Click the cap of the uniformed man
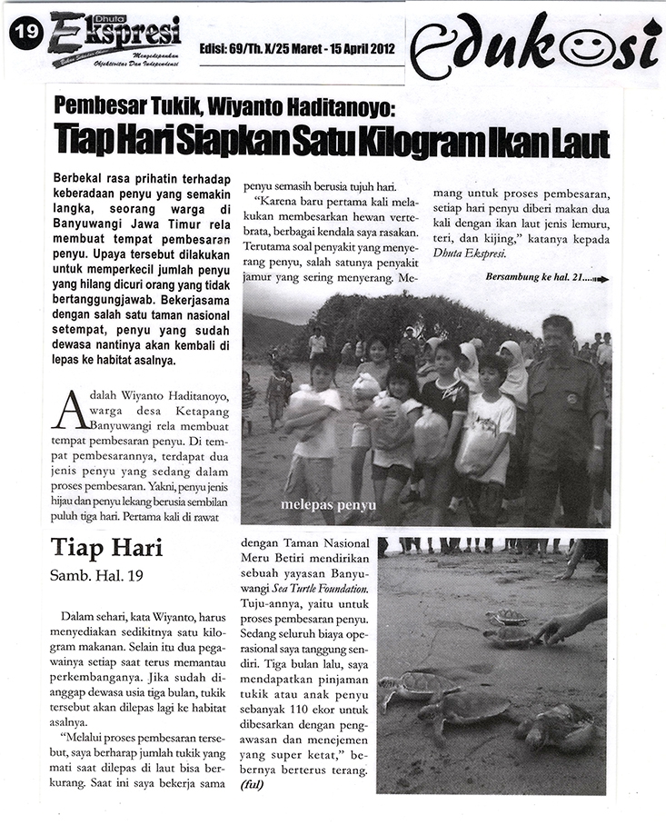[x=556, y=323]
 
